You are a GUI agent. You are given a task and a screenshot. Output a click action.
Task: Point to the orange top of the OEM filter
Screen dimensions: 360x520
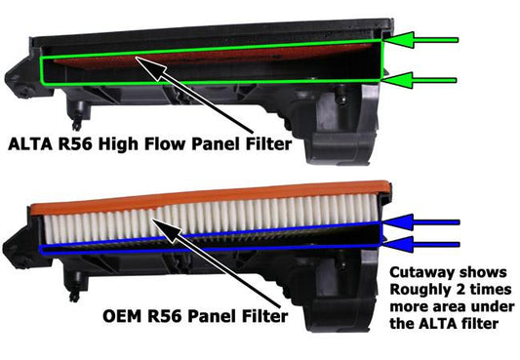195,192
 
